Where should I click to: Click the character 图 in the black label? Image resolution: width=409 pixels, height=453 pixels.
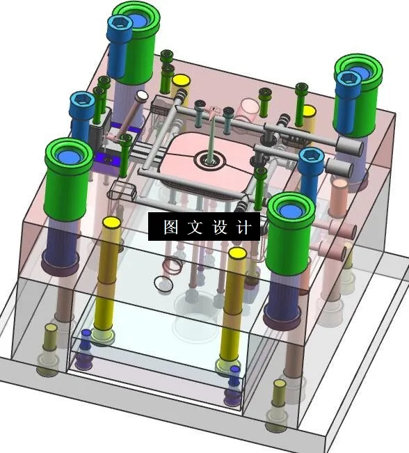point(170,227)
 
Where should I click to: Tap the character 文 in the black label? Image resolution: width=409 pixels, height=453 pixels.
point(195,227)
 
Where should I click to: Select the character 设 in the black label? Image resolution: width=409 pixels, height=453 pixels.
point(220,227)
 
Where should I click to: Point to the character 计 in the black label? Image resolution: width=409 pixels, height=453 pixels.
point(243,227)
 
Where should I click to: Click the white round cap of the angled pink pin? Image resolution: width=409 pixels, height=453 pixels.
point(141,95)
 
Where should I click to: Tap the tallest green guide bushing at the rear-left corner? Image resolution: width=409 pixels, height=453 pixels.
point(136,42)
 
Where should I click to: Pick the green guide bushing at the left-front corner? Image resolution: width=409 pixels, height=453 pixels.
point(68,179)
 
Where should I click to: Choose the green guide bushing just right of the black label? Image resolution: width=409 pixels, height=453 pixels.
point(290,233)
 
